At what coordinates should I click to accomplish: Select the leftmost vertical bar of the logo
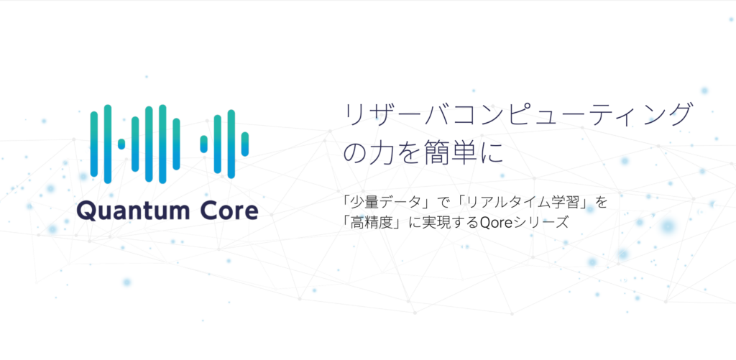[94, 144]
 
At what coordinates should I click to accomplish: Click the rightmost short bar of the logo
[244, 144]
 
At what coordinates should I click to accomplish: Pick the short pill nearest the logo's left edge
[121, 144]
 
